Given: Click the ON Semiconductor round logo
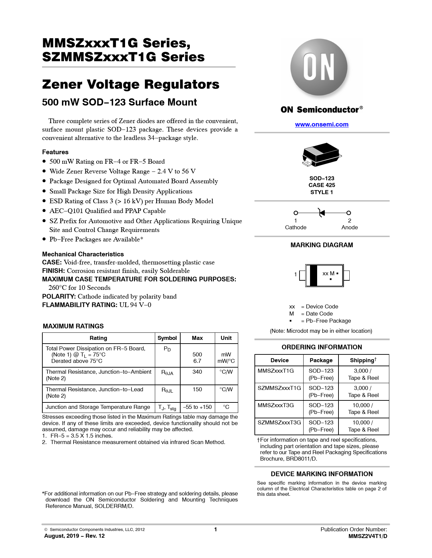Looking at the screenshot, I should tap(318, 67).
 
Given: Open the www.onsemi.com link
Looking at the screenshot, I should tap(322, 124).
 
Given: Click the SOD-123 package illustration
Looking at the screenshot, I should tap(321, 154).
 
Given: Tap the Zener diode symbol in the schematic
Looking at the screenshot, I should tap(322, 213).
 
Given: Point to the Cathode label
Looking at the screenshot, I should tap(295, 228).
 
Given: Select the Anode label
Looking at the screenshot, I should tap(349, 228).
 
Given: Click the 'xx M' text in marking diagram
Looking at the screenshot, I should tap(328, 274).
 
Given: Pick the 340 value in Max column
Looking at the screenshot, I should tap(197, 372).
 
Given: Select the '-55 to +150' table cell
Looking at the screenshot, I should tap(197, 407).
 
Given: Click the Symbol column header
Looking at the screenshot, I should tap(167, 338).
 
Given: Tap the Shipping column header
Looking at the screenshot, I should tap(363, 361).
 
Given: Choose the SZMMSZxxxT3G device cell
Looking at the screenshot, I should tap(279, 423).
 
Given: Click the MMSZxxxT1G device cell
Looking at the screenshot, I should tap(276, 371).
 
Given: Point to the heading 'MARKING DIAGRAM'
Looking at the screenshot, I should tap(322, 245).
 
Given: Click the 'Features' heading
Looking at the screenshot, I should tap(55, 152).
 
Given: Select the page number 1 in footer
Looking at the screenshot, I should tap(215, 530).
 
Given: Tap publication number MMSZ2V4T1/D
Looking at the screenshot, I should tap(368, 536).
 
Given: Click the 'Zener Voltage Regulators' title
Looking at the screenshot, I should tap(130, 85).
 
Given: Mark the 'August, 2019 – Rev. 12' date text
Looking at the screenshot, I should tap(74, 536).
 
